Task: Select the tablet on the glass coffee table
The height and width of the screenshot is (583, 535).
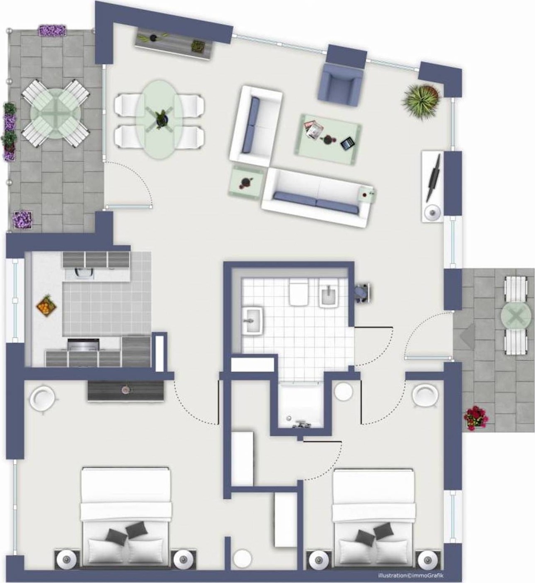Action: tap(346, 143)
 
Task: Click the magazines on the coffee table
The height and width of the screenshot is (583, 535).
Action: tap(313, 129)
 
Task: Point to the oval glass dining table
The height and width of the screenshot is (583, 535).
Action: tap(159, 119)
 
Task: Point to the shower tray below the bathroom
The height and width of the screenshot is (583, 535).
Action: tap(301, 405)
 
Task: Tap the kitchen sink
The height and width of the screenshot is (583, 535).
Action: tap(83, 273)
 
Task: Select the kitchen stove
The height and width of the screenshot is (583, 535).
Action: tap(84, 344)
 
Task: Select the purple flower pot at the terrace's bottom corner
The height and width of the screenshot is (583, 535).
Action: tap(23, 220)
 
